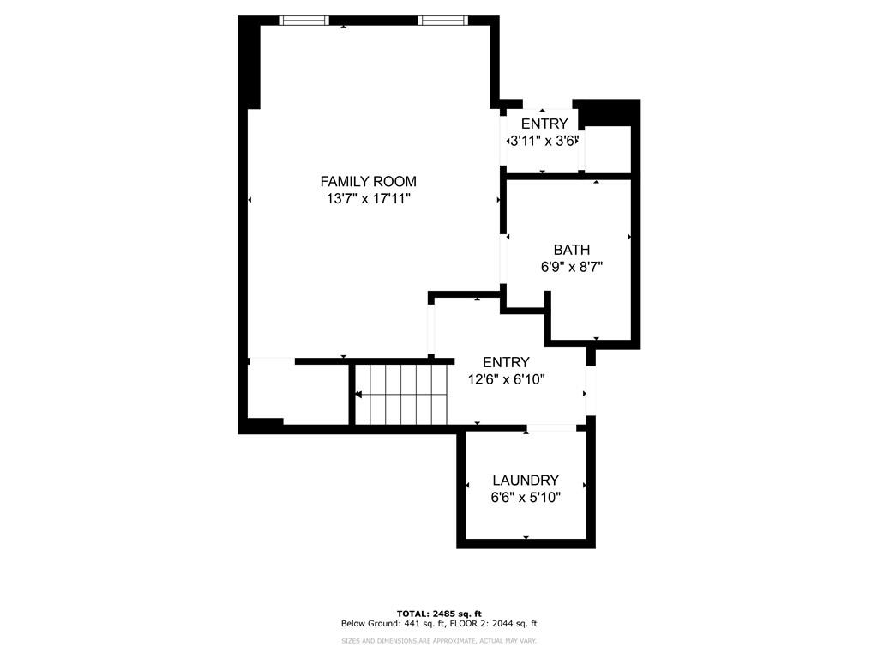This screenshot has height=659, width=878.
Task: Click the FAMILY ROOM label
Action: pyautogui.click(x=368, y=181)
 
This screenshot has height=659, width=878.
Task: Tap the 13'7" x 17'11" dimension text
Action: pyautogui.click(x=368, y=199)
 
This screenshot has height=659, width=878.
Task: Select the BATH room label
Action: pyautogui.click(x=571, y=250)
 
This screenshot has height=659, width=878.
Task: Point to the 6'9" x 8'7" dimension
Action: pyautogui.click(x=571, y=267)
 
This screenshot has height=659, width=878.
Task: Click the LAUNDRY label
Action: pyautogui.click(x=526, y=481)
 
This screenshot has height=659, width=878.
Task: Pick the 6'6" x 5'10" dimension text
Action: pyautogui.click(x=526, y=498)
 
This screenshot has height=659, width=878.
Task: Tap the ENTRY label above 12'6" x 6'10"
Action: pyautogui.click(x=506, y=362)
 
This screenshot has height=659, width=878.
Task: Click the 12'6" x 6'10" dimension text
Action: pyautogui.click(x=506, y=379)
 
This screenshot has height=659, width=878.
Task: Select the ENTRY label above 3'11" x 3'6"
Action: pyautogui.click(x=544, y=124)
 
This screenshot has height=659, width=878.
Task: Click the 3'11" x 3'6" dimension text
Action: pyautogui.click(x=544, y=141)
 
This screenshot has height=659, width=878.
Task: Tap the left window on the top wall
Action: pyautogui.click(x=304, y=20)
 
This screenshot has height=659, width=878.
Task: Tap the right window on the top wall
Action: pyautogui.click(x=443, y=20)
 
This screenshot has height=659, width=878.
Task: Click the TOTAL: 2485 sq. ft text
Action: pyautogui.click(x=439, y=613)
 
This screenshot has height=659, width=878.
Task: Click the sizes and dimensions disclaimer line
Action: pyautogui.click(x=439, y=640)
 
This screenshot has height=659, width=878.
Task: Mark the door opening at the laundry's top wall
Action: pyautogui.click(x=551, y=428)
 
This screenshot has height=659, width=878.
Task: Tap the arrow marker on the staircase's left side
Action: pyautogui.click(x=358, y=395)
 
